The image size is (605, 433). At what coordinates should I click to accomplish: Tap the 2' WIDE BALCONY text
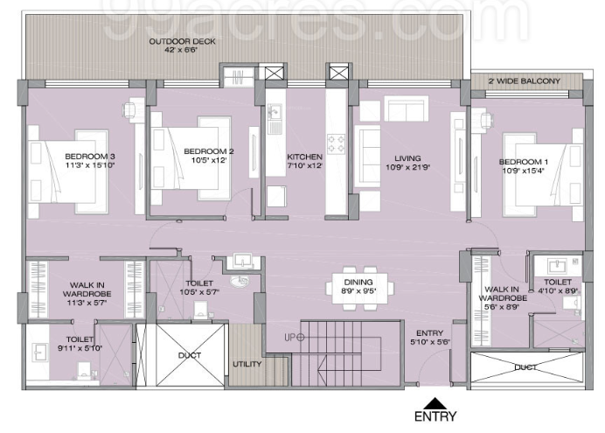click(525, 81)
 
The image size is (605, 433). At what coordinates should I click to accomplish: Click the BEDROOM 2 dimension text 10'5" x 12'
click(205, 161)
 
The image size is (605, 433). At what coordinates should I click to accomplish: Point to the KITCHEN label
click(304, 157)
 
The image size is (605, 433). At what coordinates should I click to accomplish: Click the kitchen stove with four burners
click(337, 143)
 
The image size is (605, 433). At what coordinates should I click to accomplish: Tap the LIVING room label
click(409, 157)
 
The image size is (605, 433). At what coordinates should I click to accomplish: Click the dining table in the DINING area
click(359, 284)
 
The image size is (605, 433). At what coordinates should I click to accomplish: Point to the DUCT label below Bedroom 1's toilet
click(525, 367)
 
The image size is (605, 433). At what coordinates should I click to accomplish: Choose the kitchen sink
click(275, 113)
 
